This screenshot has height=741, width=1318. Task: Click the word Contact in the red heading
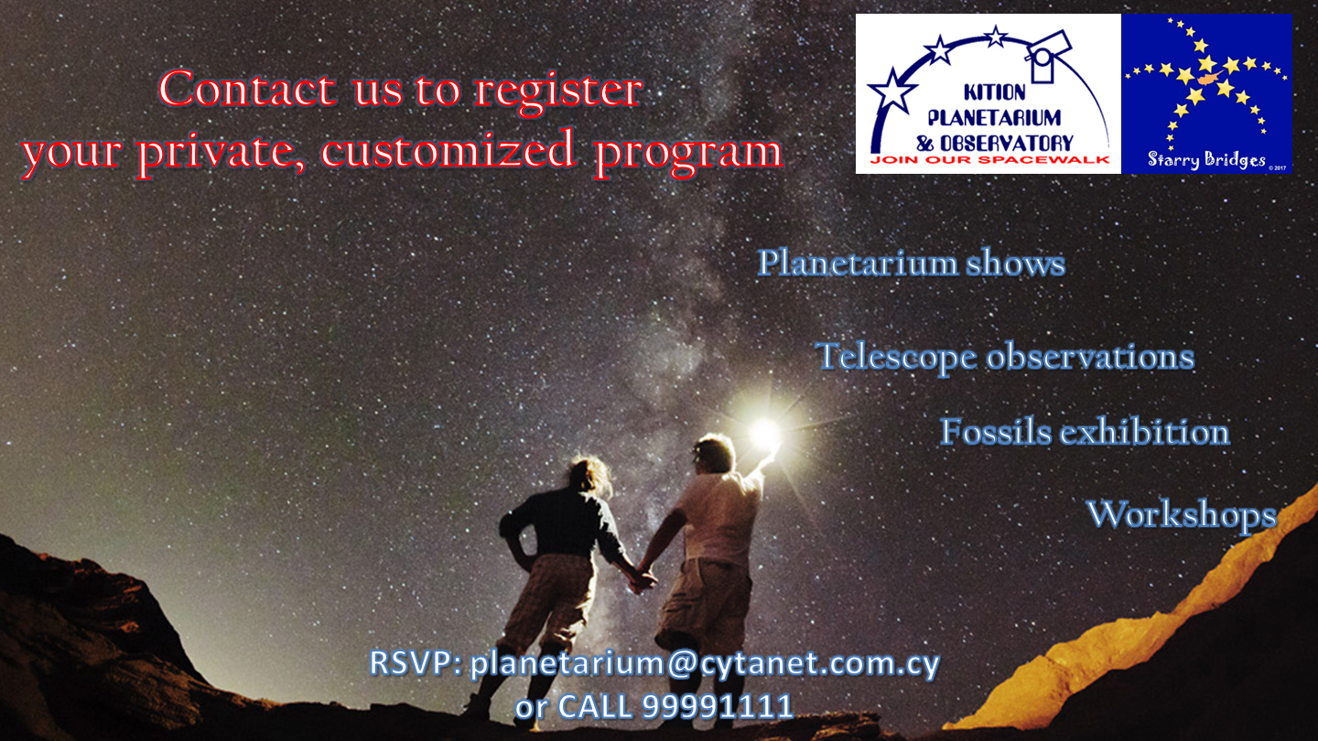click(247, 90)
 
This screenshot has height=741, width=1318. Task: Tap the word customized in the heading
click(448, 150)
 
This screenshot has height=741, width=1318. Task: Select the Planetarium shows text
click(912, 263)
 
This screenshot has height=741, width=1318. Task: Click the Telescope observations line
click(1005, 357)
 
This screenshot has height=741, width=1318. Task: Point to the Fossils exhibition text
click(1085, 432)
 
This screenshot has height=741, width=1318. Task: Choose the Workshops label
click(1182, 515)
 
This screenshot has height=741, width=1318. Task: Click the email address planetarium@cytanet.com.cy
click(705, 664)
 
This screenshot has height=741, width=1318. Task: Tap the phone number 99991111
click(718, 706)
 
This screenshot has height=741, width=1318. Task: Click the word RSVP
click(415, 662)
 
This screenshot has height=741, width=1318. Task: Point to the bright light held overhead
click(765, 434)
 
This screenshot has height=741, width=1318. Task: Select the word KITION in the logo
click(994, 92)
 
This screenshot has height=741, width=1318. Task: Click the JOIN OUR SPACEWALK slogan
click(989, 160)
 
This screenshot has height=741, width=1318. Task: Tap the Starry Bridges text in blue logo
click(1206, 159)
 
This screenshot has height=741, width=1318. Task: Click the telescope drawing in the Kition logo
click(1049, 55)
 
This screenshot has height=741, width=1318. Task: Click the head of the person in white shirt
click(714, 454)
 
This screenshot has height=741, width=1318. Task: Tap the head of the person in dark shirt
click(589, 475)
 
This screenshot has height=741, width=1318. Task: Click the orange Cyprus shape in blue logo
click(1212, 78)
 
